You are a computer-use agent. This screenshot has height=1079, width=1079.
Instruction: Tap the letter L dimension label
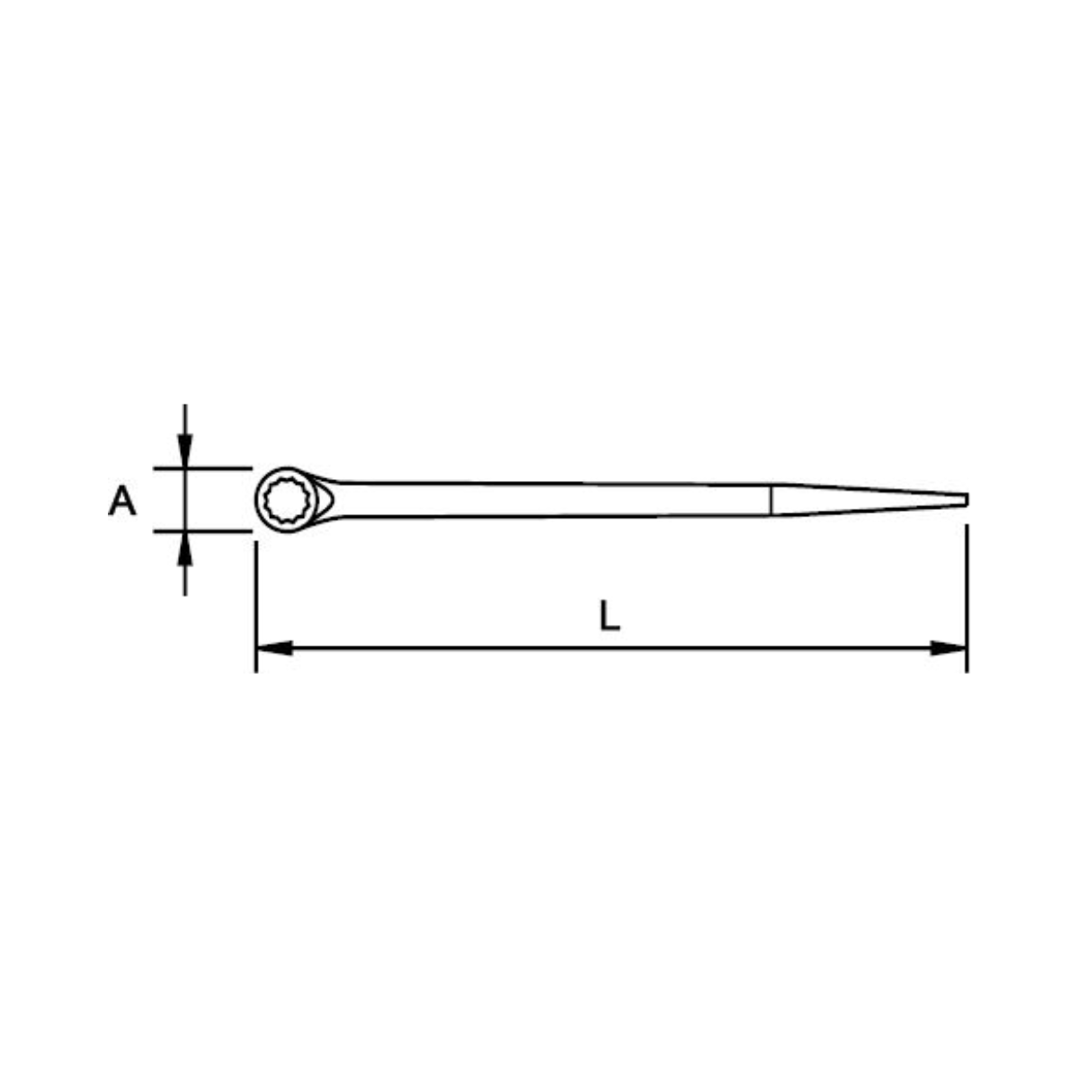(610, 616)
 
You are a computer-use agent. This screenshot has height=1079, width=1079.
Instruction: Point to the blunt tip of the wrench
(966, 500)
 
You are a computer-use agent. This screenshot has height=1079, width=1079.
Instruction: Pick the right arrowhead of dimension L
(950, 647)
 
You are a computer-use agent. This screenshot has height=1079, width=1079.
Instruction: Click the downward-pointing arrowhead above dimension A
(184, 450)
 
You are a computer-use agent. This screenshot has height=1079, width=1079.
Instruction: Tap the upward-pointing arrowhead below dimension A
(184, 548)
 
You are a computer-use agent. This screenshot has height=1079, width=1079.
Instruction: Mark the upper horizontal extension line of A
(216, 468)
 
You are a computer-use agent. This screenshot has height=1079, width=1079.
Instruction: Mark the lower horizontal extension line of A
(216, 531)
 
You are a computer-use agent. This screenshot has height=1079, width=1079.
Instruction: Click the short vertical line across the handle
(771, 500)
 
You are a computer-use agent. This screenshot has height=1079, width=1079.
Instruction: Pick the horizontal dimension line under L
(611, 647)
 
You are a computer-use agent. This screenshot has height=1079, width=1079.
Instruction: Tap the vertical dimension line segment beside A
(184, 500)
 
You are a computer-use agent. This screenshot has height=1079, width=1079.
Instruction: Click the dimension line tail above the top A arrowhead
(184, 418)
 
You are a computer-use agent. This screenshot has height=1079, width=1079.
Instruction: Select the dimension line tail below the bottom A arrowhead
(184, 580)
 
